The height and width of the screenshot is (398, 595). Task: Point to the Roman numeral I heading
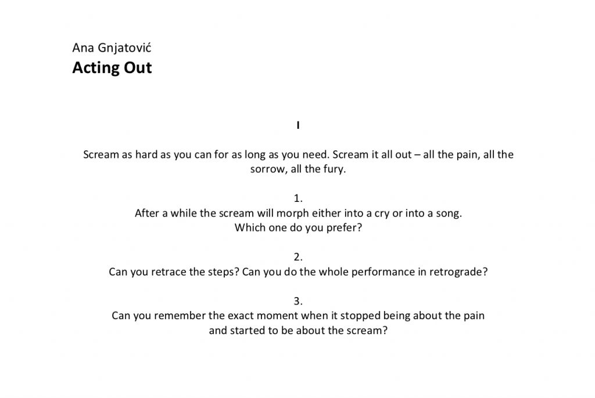click(298, 125)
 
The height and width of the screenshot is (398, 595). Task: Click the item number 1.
click(298, 198)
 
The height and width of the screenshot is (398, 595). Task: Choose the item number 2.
click(298, 257)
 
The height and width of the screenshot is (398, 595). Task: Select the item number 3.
click(298, 301)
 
